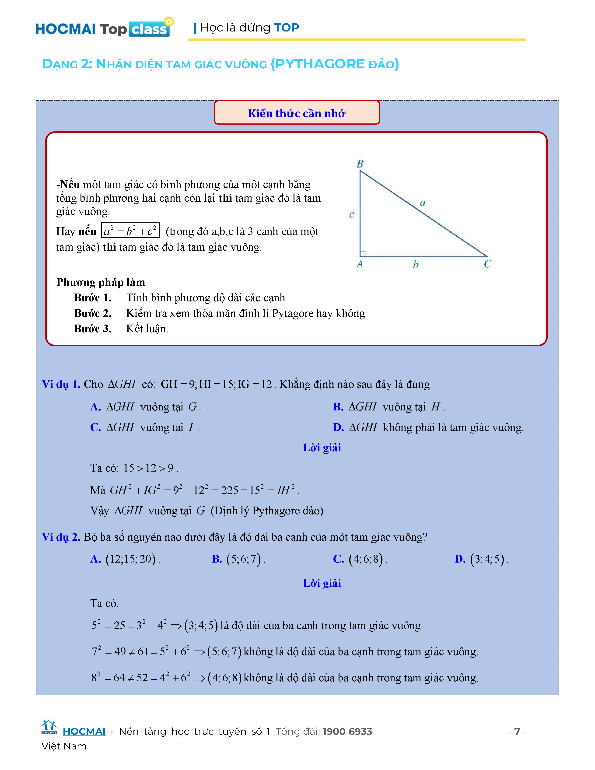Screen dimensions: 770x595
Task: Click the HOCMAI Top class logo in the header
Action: pyautogui.click(x=103, y=28)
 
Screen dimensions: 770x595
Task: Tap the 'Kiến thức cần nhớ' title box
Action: pyautogui.click(x=297, y=113)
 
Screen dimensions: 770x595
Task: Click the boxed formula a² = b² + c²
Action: pyautogui.click(x=130, y=231)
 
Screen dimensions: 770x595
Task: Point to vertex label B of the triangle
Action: pyautogui.click(x=360, y=164)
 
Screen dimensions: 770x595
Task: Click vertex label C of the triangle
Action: pyautogui.click(x=487, y=264)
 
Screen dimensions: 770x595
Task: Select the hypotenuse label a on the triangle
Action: pyautogui.click(x=422, y=203)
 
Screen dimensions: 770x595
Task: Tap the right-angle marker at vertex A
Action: pyautogui.click(x=363, y=254)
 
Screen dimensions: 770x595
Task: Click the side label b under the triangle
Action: pyautogui.click(x=416, y=265)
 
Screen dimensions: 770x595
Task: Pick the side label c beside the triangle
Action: pyautogui.click(x=351, y=215)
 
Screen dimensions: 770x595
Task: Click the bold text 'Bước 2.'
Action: pyautogui.click(x=93, y=313)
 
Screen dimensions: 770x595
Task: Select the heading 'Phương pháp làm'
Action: pyautogui.click(x=101, y=282)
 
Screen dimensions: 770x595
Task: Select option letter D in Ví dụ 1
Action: pyautogui.click(x=338, y=427)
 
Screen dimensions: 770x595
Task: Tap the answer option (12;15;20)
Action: pyautogui.click(x=131, y=559)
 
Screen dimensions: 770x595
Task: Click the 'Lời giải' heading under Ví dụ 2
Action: pyautogui.click(x=322, y=583)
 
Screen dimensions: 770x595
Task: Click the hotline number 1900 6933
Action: pyautogui.click(x=347, y=731)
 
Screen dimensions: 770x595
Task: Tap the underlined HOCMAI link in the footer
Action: pyautogui.click(x=84, y=731)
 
